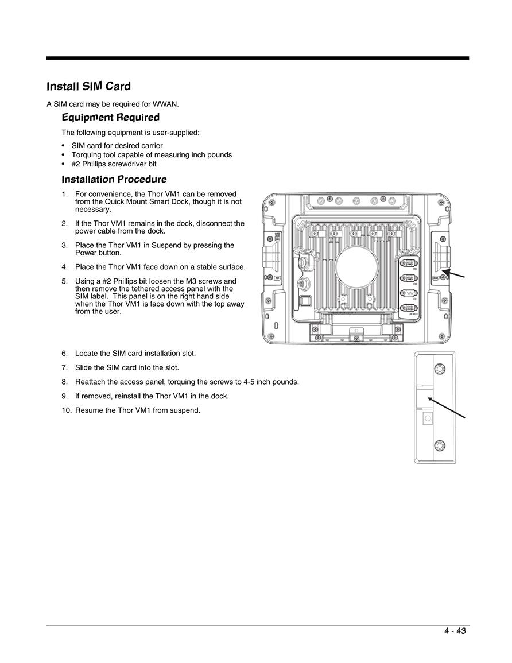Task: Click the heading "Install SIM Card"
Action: click(x=88, y=86)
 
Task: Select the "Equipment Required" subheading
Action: click(x=111, y=118)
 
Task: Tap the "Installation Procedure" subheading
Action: click(x=114, y=179)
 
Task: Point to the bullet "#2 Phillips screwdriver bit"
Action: click(x=114, y=164)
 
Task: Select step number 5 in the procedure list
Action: click(x=65, y=281)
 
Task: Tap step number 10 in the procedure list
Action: click(x=67, y=410)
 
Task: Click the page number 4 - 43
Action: click(x=455, y=631)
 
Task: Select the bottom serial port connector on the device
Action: click(x=409, y=308)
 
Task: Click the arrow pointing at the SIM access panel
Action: click(x=453, y=273)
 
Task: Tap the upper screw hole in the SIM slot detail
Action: click(x=440, y=369)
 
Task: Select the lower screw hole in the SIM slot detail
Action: click(x=440, y=445)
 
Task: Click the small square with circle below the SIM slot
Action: click(x=428, y=418)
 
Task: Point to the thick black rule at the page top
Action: click(x=258, y=58)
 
